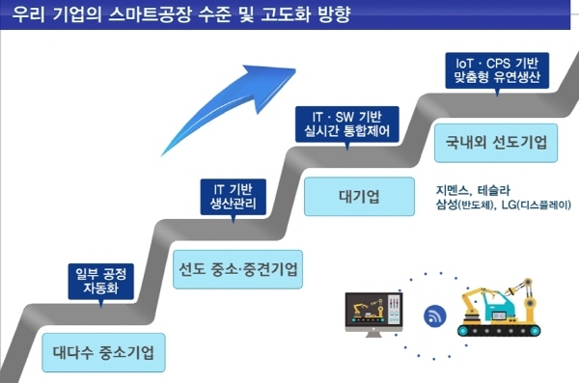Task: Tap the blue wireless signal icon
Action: (433, 314)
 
